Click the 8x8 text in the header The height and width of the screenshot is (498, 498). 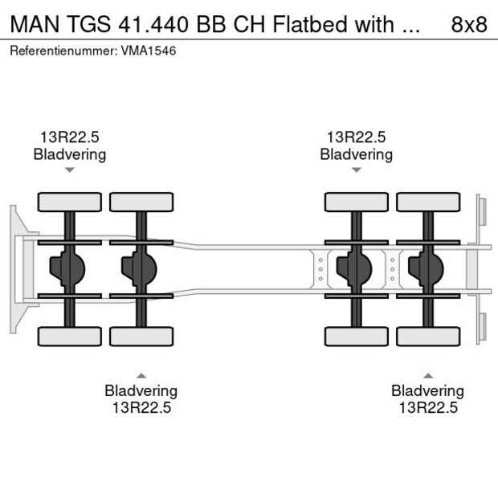coord(469,24)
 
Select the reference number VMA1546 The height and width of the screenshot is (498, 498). coord(149,51)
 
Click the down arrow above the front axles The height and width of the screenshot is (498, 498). coord(70,169)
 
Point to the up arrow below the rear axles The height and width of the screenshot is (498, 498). coord(428,375)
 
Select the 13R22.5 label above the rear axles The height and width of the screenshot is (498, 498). coord(356,137)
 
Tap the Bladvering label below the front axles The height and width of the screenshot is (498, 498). coord(141,390)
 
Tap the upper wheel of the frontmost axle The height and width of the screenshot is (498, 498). coord(70,202)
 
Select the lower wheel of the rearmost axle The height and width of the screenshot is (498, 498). coord(428,337)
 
